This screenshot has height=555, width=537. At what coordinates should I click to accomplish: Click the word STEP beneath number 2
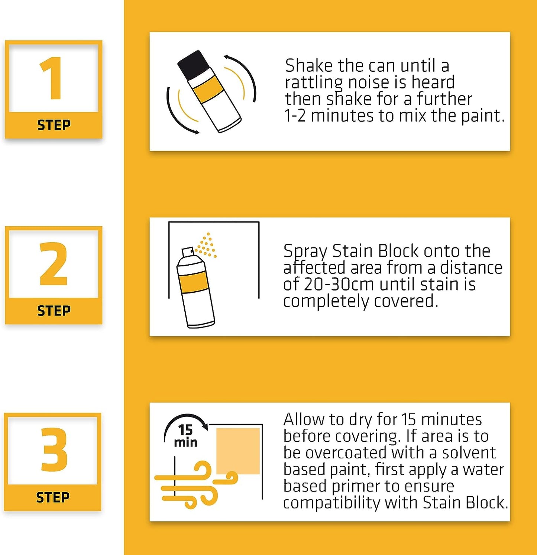pos(54,311)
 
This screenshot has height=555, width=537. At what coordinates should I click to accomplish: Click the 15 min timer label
pos(185,436)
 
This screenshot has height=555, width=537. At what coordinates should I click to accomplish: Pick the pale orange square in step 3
pos(238,451)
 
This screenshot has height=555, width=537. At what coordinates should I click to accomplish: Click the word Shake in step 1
pos(309,66)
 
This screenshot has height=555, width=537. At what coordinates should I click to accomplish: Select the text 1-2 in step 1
pos(295,116)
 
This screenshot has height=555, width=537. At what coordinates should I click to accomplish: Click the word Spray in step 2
pos(305,251)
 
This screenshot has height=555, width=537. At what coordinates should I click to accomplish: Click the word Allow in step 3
pos(304,419)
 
